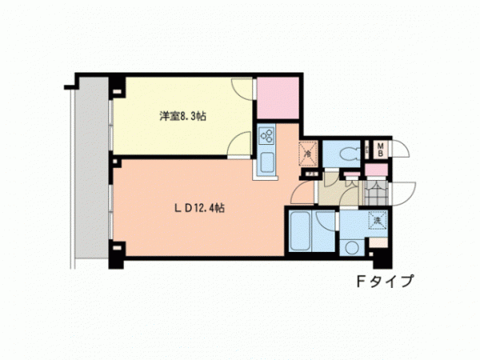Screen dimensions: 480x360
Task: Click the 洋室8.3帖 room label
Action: coord(182,116)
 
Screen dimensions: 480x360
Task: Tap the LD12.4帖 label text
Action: coord(199,208)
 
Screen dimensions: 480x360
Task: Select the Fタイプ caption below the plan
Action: coord(385,281)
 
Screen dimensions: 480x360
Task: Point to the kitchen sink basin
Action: coord(267,162)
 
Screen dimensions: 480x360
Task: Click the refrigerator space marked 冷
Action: coord(308,154)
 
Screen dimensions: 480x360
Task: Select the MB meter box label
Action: coord(381,150)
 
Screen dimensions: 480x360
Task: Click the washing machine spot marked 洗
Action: coord(378,220)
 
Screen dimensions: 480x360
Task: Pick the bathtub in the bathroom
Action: coord(300,231)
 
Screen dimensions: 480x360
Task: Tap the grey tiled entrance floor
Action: coord(376,193)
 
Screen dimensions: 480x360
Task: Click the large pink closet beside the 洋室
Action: coord(278,98)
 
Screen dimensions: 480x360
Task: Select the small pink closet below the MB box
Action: coord(376,170)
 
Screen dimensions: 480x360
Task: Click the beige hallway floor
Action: coord(337,190)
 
